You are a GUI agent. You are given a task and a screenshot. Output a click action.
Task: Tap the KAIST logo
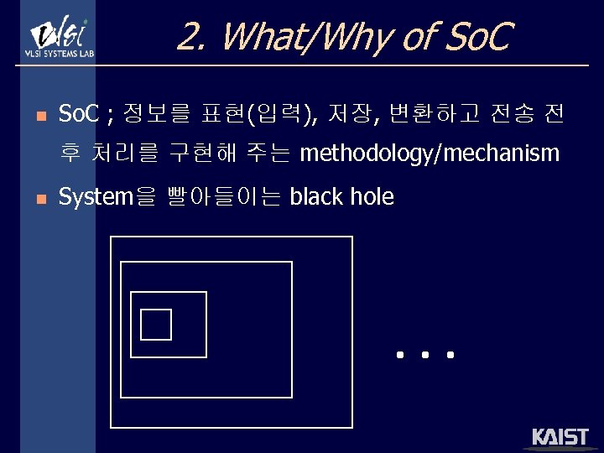[560, 438]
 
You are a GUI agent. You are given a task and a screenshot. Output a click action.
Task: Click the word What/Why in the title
[298, 36]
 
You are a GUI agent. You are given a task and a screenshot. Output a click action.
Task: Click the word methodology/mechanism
[429, 154]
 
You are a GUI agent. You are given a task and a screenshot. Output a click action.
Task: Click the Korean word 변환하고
[429, 112]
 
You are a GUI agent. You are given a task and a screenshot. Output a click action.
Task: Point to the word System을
[107, 197]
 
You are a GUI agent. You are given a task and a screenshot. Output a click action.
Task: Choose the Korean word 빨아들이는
[223, 197]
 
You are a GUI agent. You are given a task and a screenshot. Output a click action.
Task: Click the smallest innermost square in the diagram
[156, 324]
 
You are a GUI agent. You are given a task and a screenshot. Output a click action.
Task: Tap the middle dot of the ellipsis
[425, 356]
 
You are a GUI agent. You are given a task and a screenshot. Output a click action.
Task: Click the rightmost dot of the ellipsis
[450, 356]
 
